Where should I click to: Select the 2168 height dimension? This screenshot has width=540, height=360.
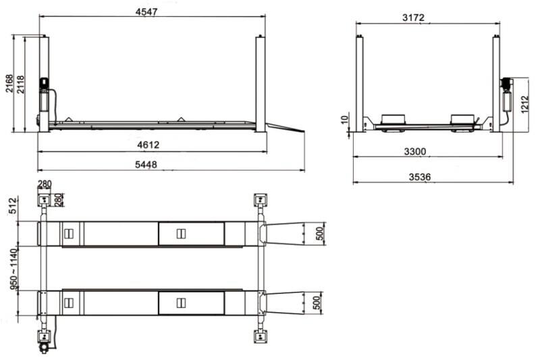tap(9, 82)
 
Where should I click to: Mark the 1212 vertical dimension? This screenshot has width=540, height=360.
tap(524, 104)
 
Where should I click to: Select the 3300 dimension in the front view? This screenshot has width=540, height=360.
tap(414, 153)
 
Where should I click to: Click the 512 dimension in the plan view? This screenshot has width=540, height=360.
tap(11, 206)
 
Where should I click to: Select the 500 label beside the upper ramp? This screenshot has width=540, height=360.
tap(320, 234)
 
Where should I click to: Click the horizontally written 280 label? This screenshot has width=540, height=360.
tap(45, 184)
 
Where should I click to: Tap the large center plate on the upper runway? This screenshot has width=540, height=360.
tap(191, 234)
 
